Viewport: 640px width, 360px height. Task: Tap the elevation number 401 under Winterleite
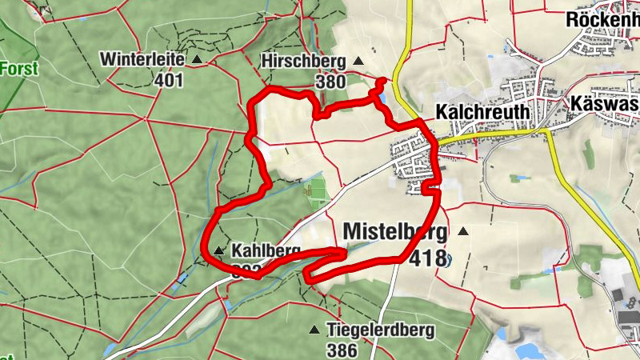point(170,80)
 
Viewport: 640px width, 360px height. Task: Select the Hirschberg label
point(302,61)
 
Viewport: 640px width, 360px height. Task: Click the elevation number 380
point(330,81)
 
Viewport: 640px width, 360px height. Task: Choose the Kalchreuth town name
point(483,112)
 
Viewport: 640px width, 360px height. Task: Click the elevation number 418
point(426,258)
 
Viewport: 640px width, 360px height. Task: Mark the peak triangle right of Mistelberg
point(462,232)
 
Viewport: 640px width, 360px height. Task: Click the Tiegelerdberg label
point(380,330)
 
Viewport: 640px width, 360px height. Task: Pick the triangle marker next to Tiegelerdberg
point(314,330)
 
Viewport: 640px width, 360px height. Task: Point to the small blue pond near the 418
point(447,259)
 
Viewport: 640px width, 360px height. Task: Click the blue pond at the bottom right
point(528,350)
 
